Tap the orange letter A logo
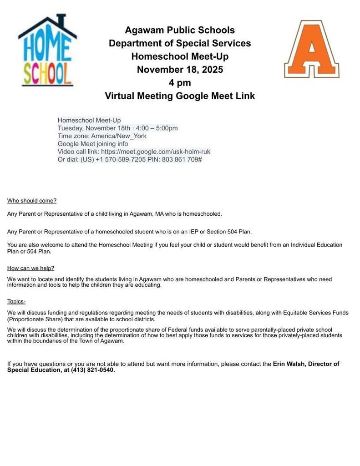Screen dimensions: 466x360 pos(312,49)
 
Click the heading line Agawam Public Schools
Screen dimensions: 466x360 pos(180,30)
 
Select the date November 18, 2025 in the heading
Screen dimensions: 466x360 pos(180,70)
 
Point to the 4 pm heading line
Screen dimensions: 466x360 pos(180,83)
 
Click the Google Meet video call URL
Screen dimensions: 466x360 pos(156,152)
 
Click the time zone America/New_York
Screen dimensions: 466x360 pos(118,136)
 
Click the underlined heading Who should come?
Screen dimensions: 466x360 pos(32,201)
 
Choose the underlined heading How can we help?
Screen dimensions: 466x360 pos(30,268)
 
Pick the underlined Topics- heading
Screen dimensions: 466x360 pos(16,301)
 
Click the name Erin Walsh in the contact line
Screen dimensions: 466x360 pos(289,364)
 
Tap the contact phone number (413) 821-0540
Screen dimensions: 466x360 pos(92,370)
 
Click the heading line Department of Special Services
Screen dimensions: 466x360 pos(180,44)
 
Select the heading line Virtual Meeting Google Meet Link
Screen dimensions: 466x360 pos(180,96)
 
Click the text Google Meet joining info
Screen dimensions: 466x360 pos(93,144)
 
